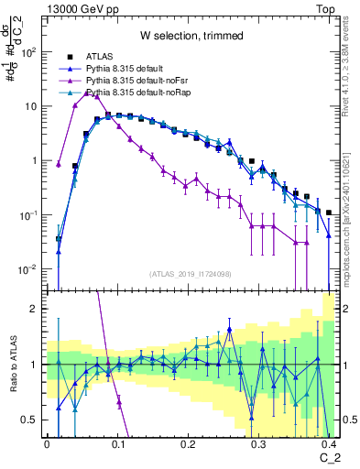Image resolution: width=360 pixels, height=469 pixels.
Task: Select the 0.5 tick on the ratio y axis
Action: point(35,420)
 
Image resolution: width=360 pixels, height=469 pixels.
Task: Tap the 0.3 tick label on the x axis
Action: point(258,443)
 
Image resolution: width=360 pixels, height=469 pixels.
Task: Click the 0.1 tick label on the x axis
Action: point(117,443)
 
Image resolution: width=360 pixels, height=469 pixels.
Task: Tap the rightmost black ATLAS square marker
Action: point(329,213)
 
